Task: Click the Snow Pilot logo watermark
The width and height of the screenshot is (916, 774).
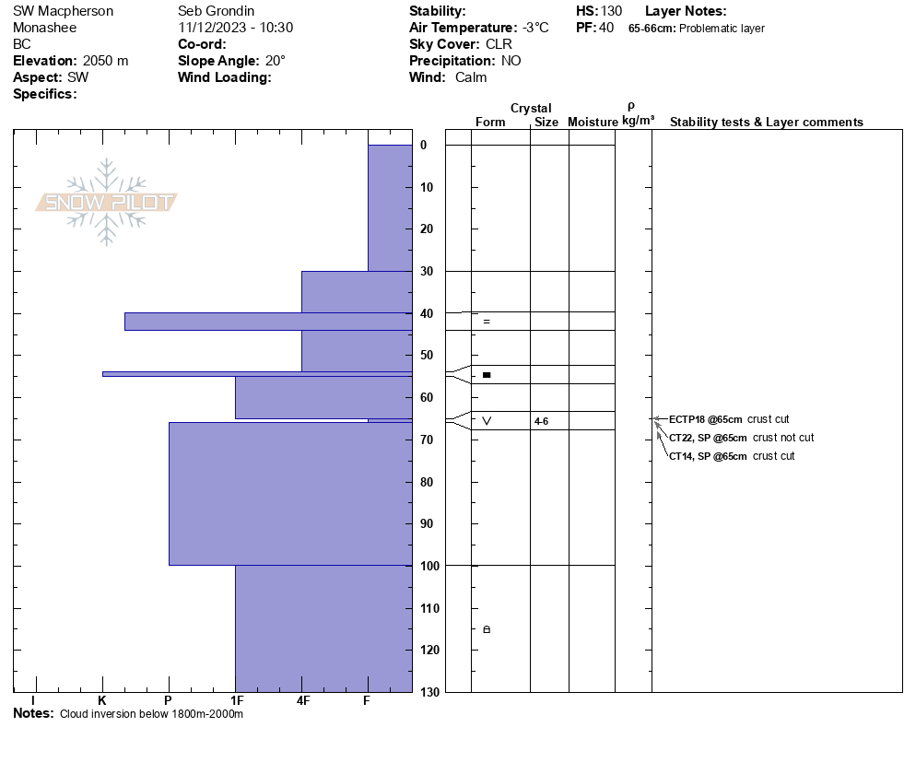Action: click(x=107, y=202)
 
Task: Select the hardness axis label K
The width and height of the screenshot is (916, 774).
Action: click(x=102, y=701)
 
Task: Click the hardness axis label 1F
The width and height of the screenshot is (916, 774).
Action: click(x=236, y=701)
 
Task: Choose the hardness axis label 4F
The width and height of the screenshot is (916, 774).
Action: click(x=302, y=701)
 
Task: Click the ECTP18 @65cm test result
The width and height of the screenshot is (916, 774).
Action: click(x=705, y=419)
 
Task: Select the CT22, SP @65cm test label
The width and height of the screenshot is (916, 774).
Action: click(x=708, y=438)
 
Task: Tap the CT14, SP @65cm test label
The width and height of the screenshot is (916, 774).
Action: click(x=708, y=456)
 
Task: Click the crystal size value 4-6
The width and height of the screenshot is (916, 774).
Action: click(x=541, y=421)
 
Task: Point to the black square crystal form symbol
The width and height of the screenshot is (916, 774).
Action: click(x=487, y=375)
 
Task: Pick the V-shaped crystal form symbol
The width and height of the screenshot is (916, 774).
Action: click(x=487, y=421)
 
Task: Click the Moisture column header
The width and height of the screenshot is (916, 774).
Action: click(x=593, y=123)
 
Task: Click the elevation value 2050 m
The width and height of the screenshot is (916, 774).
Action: click(x=105, y=61)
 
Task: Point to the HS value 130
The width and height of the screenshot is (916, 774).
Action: click(x=611, y=11)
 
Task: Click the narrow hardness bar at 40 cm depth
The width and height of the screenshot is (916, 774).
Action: click(x=267, y=322)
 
